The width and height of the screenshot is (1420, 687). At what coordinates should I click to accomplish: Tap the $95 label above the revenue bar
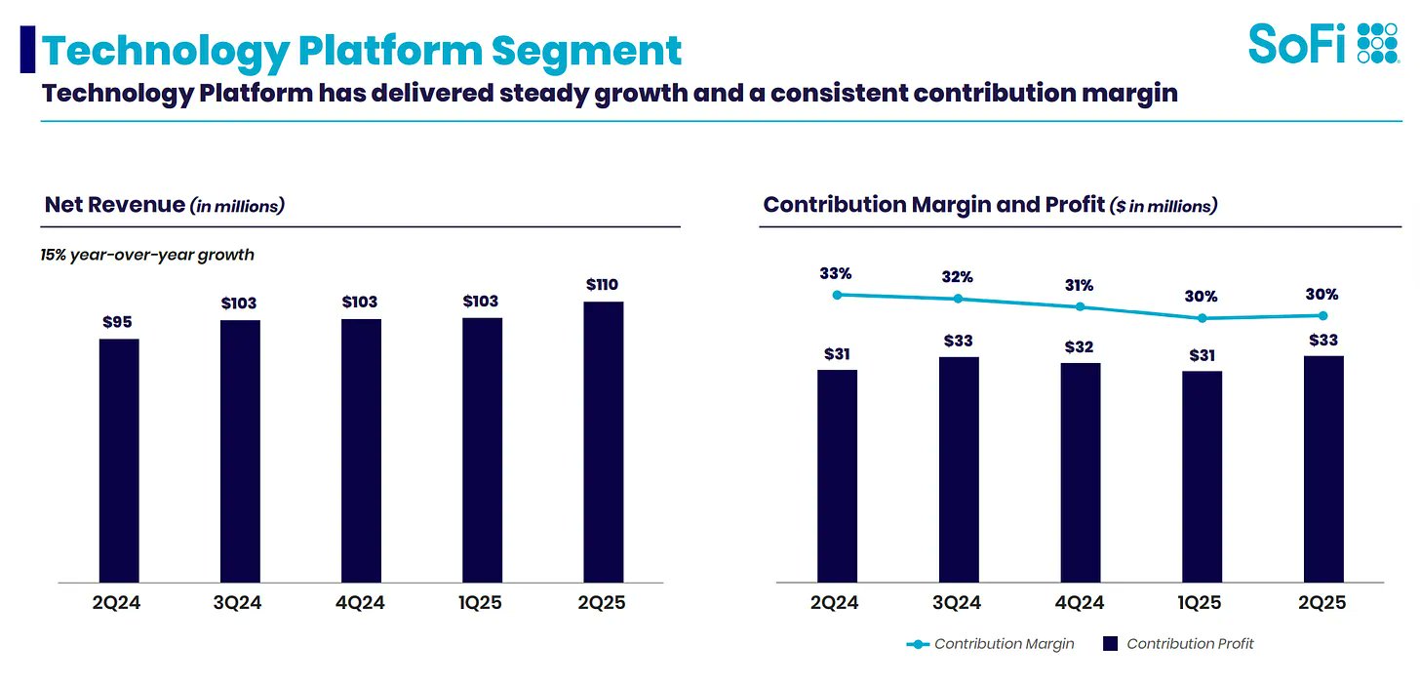point(119,321)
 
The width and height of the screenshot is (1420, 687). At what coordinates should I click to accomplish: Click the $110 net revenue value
point(603,284)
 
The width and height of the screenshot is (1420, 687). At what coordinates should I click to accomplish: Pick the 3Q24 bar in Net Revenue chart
point(240,451)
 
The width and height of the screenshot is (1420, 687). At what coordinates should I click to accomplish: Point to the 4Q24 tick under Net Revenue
point(361,603)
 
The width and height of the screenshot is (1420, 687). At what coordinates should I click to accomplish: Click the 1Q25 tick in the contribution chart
point(1201,603)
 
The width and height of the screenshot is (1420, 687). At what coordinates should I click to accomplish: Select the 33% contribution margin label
point(837,273)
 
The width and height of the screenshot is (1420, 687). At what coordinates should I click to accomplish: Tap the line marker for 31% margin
point(1080,306)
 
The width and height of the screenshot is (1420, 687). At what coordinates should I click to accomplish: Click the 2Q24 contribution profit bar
point(837,476)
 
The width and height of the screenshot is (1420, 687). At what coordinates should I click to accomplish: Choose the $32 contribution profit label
point(1080,345)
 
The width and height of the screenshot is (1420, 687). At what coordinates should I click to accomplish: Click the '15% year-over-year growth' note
point(147,255)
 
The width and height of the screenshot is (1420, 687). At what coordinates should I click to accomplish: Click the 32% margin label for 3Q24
point(958,277)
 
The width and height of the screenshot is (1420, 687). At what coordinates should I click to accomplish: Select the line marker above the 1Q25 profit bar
point(1202,318)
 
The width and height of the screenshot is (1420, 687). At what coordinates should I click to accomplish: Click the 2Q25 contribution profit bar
point(1322,469)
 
